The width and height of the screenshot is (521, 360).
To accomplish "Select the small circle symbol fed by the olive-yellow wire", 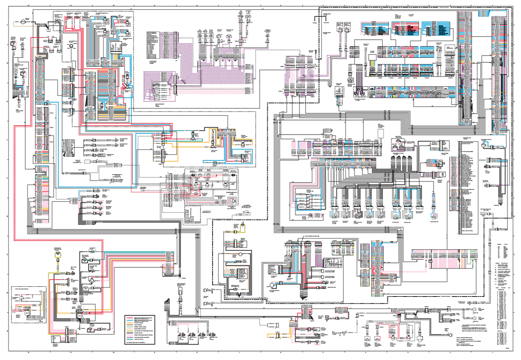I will pos(57,255).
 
